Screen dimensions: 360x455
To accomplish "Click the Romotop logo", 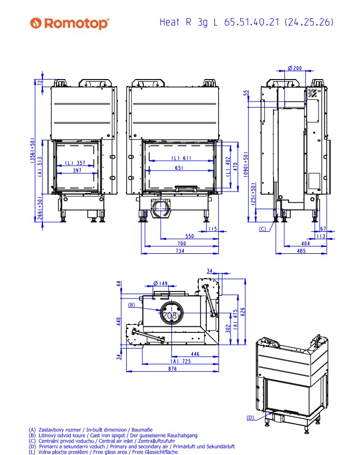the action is [69, 23].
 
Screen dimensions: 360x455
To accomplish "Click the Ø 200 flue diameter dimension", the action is [295, 68].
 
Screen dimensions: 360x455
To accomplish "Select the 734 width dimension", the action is [180, 251].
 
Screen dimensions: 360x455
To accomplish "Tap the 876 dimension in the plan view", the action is [172, 368].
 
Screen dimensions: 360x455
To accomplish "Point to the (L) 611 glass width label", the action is [182, 158].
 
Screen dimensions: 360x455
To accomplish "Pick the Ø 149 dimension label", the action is [160, 283].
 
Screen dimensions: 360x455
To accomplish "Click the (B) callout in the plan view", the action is [132, 305].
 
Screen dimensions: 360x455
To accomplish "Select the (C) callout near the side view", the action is [262, 229].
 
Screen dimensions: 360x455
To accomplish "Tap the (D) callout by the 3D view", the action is [250, 417].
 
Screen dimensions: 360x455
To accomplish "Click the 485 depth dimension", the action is [301, 251].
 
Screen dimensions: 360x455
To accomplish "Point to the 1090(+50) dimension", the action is [246, 165].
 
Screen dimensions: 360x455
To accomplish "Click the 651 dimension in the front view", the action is [179, 168].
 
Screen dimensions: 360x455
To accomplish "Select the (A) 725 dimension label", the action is [181, 361].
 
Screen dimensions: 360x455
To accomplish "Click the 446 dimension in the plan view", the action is [195, 354].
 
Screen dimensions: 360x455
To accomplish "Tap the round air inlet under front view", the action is [160, 208].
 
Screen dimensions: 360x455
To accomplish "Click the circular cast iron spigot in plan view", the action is [171, 313].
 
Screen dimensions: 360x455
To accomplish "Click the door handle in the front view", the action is [186, 188].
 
